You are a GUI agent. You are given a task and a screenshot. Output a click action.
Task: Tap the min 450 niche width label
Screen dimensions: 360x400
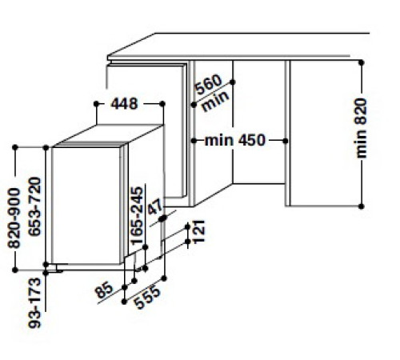(234, 142)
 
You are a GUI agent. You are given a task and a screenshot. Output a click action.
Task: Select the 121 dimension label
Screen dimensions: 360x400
(200, 231)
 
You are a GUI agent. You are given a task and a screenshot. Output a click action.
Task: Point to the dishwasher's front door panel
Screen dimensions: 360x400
(86, 204)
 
